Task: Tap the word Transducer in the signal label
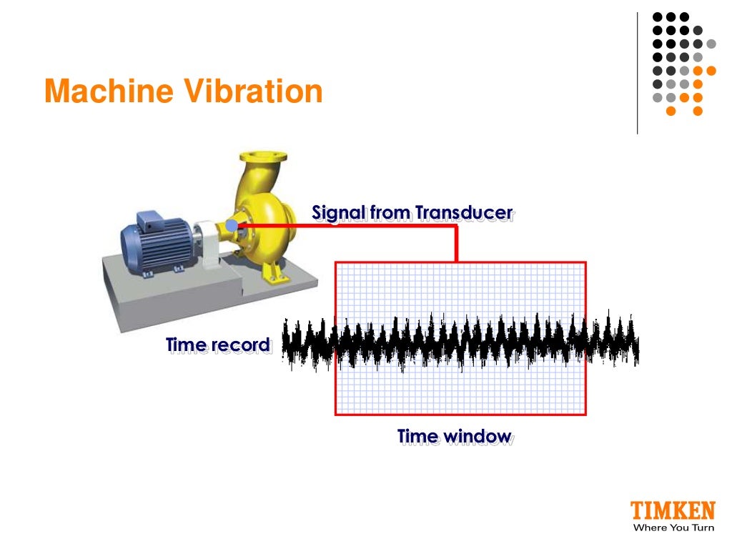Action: click(464, 212)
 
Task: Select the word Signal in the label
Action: click(339, 212)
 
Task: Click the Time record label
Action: click(218, 345)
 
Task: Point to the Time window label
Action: click(454, 436)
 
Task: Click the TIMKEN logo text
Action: click(672, 510)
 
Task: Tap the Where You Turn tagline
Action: click(673, 528)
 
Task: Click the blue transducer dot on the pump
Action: click(231, 226)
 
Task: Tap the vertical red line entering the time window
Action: click(455, 245)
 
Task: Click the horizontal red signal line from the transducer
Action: click(343, 227)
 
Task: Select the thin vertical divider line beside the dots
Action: click(637, 71)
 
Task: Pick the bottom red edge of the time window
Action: click(461, 414)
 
